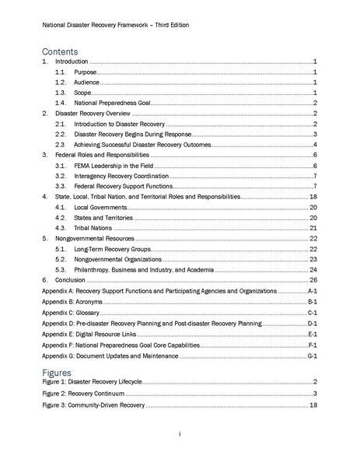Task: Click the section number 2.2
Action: (x=61, y=134)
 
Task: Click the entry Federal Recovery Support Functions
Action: (x=127, y=187)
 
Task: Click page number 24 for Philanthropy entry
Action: (x=313, y=270)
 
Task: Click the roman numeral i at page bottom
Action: (x=179, y=433)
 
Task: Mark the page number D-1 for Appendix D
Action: (x=311, y=322)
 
